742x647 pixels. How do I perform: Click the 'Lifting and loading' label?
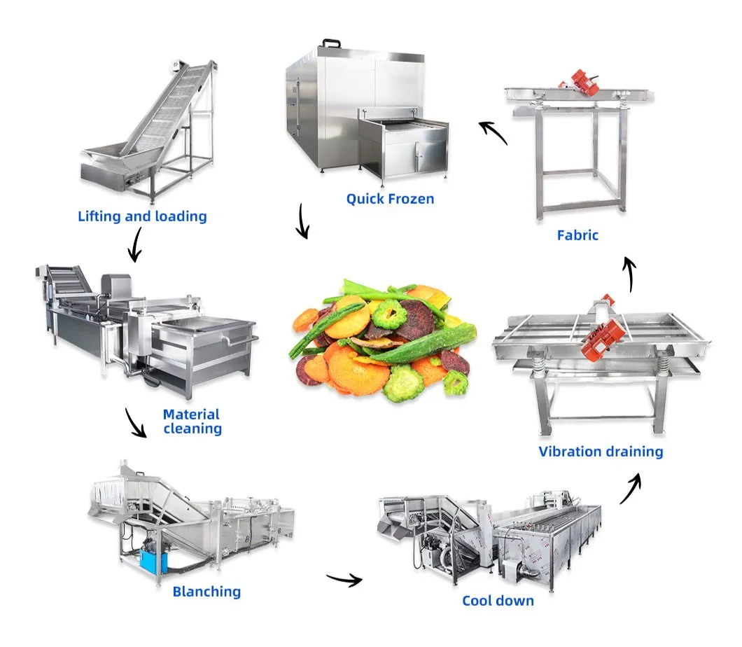(142, 216)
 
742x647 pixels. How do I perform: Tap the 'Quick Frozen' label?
(390, 199)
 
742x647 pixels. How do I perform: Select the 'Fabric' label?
(577, 235)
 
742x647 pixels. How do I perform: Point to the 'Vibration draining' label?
(601, 451)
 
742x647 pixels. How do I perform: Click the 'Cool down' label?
(498, 600)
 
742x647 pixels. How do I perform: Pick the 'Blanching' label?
(206, 591)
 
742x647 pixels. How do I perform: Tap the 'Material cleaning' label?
(192, 421)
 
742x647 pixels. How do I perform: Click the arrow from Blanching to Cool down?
(344, 578)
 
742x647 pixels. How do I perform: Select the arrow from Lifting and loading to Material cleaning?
(134, 247)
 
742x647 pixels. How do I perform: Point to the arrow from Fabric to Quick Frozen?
(493, 131)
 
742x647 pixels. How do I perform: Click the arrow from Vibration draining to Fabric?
(630, 274)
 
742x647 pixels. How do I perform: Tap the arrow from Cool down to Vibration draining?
(630, 488)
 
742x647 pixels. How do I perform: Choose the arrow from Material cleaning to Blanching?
(135, 424)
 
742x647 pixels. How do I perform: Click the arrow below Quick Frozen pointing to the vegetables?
(302, 222)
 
